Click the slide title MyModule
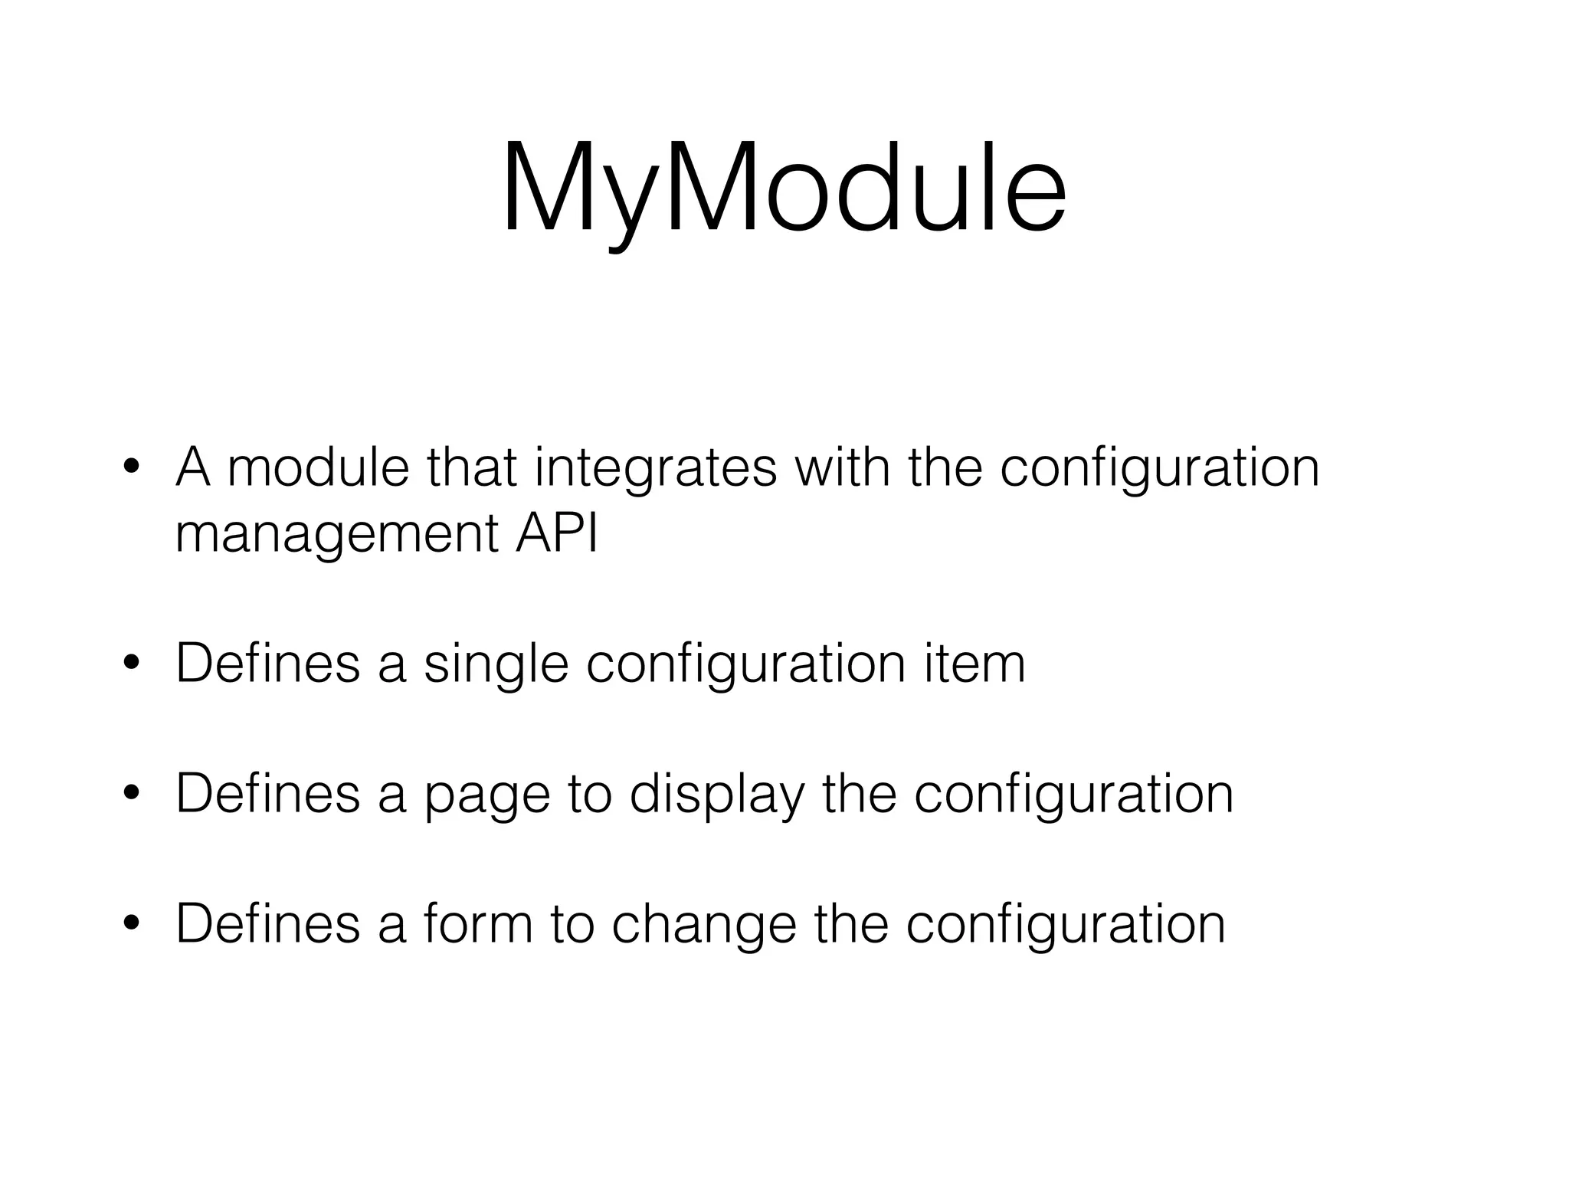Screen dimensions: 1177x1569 coord(783,189)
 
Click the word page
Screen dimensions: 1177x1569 coord(487,797)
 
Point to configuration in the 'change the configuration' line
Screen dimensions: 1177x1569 coord(1066,926)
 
